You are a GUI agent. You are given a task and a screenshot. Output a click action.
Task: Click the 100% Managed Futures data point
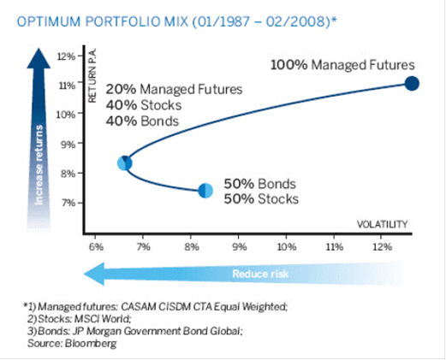[x=412, y=84]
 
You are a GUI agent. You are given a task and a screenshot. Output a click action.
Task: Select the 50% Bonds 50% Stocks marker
[x=205, y=191]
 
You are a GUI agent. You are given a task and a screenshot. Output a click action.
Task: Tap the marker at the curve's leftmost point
[x=125, y=163]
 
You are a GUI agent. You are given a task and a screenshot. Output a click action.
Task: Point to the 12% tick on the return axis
[x=80, y=55]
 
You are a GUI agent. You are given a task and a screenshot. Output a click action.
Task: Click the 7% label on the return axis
[x=68, y=203]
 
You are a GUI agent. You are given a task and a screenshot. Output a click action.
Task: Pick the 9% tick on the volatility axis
[x=239, y=237]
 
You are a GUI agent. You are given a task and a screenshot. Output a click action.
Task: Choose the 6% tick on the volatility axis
[x=95, y=237]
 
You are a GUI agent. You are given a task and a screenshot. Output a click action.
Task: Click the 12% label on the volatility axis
[x=383, y=246]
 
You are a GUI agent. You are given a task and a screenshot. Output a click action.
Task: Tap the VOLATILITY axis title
[x=383, y=225]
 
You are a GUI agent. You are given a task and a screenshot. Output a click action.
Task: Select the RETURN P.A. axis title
[x=92, y=75]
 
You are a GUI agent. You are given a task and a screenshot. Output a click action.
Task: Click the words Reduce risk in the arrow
[x=260, y=274]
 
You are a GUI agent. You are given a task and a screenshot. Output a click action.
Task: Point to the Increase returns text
[x=39, y=165]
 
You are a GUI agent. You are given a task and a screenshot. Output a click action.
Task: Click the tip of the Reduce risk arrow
[x=84, y=274]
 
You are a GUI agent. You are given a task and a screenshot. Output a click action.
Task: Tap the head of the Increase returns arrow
[x=39, y=49]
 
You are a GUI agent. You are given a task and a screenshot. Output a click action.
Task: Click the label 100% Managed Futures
[x=342, y=65]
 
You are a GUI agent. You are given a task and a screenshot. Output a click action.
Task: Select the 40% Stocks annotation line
[x=144, y=105]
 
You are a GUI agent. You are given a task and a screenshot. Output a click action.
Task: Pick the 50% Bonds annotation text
[x=259, y=184]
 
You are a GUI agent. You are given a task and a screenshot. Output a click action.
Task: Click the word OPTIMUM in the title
[x=49, y=21]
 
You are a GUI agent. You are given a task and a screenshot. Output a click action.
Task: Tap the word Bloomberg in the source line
[x=91, y=344]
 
